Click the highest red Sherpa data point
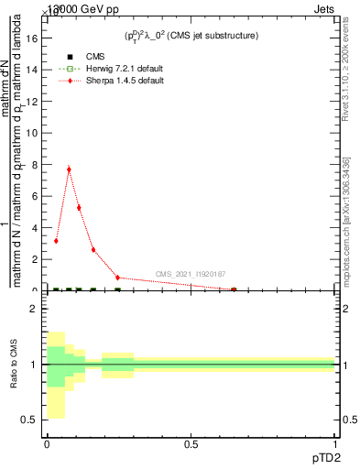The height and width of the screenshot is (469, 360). [69, 169]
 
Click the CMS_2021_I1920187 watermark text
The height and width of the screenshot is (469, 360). [190, 274]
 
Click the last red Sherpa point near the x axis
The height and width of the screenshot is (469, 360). [234, 289]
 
